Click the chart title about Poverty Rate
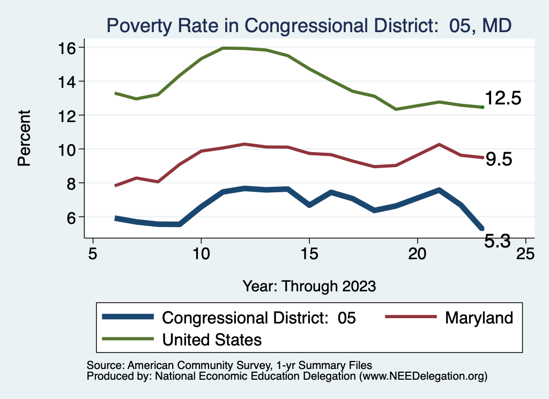[x=309, y=25]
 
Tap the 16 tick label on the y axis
[x=69, y=48]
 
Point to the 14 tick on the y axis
[x=69, y=81]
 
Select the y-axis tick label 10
[x=69, y=149]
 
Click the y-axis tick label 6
[x=73, y=217]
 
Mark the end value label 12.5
[x=503, y=99]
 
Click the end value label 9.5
[x=499, y=159]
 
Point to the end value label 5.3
[x=498, y=242]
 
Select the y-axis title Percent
[x=24, y=138]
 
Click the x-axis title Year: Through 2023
[x=309, y=285]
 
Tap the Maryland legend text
[x=479, y=318]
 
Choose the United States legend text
[x=212, y=339]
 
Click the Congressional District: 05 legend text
[x=258, y=318]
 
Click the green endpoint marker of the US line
[x=483, y=107]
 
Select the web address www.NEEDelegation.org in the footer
[x=423, y=376]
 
